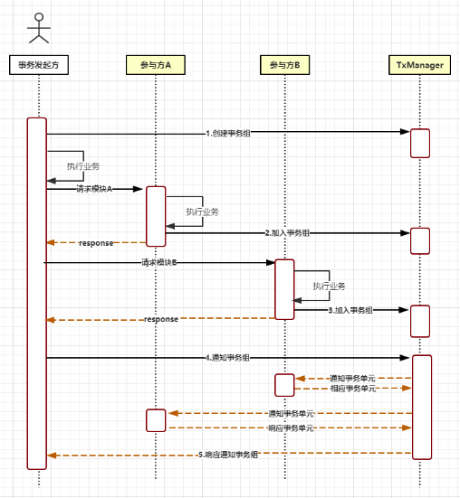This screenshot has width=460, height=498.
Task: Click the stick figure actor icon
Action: [x=37, y=29]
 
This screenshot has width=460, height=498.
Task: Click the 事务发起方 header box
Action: [x=37, y=64]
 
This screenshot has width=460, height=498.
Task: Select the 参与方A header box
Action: [x=156, y=64]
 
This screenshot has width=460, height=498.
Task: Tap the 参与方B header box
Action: [x=284, y=64]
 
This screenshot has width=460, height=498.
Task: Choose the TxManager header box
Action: [x=420, y=64]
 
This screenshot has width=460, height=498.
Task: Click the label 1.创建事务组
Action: [x=228, y=133]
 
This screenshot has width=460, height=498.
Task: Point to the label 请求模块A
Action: [x=94, y=189]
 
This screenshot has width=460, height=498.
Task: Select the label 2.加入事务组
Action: [x=288, y=232]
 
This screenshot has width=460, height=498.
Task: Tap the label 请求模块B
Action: [x=159, y=263]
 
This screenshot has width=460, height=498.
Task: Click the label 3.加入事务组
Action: [x=351, y=310]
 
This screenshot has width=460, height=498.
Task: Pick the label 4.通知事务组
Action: [x=228, y=358]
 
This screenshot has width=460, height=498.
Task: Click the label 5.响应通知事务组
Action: [x=228, y=455]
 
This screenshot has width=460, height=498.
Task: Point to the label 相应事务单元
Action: [x=352, y=388]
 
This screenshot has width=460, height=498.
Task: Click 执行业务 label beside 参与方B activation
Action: [x=330, y=286]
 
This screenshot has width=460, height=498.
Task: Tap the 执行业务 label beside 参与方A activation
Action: [x=202, y=211]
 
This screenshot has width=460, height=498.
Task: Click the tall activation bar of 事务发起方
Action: [x=37, y=293]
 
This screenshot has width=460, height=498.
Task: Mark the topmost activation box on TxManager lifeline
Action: [x=420, y=143]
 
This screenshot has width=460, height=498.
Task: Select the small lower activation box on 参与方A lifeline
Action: [x=156, y=419]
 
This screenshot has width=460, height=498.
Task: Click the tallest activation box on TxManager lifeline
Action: [x=420, y=405]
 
